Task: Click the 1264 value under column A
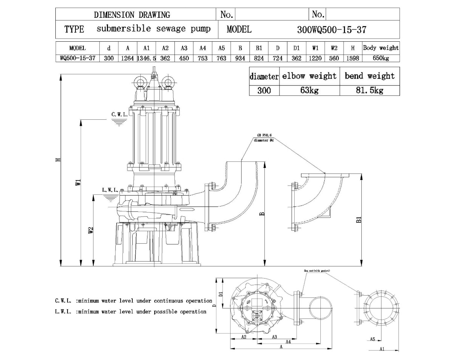click(128, 58)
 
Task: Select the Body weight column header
click(381, 48)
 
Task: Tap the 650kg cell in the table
click(381, 58)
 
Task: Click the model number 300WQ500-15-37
click(332, 30)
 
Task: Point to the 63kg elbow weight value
click(309, 91)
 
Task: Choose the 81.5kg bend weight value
click(369, 91)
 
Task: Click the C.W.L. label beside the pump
click(119, 114)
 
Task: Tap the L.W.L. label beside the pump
click(110, 190)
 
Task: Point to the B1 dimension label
click(359, 219)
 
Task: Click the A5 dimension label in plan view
click(372, 339)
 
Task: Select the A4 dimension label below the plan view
click(288, 341)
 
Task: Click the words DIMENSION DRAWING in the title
click(132, 15)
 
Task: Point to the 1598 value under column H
click(353, 58)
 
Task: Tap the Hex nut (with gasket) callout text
click(317, 271)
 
